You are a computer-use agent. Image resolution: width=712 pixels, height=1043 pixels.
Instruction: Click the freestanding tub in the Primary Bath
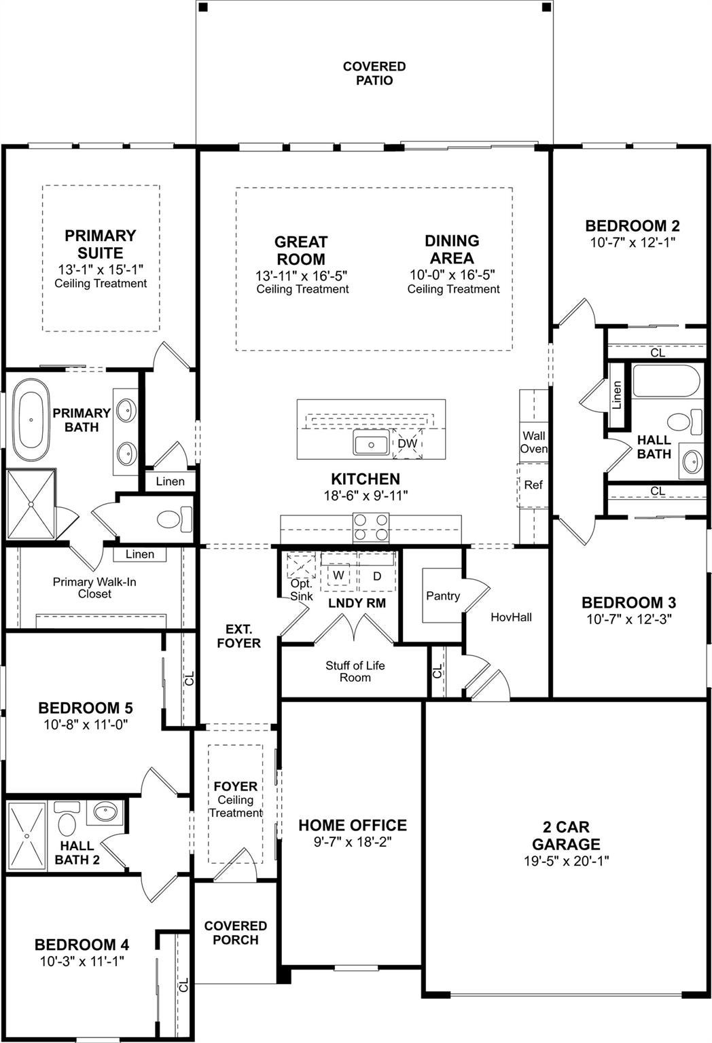pyautogui.click(x=31, y=420)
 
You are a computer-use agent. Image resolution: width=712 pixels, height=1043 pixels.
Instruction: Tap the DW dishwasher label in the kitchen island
pyautogui.click(x=407, y=443)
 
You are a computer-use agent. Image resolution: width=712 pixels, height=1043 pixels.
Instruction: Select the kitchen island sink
pyautogui.click(x=371, y=442)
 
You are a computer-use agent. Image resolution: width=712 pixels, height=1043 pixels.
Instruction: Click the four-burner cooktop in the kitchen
pyautogui.click(x=371, y=528)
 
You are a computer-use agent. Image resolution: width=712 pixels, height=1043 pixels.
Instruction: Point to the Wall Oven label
pyautogui.click(x=533, y=442)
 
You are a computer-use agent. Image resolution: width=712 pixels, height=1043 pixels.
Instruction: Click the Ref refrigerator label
pyautogui.click(x=533, y=485)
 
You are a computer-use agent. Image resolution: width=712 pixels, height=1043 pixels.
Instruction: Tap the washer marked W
pyautogui.click(x=339, y=575)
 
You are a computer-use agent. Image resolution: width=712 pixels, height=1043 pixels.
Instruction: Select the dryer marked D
pyautogui.click(x=377, y=576)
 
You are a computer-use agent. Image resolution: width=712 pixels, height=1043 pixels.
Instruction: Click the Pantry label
pyautogui.click(x=443, y=596)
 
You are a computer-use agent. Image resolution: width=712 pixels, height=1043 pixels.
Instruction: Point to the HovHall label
pyautogui.click(x=511, y=617)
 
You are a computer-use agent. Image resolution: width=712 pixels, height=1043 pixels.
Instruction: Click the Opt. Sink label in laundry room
pyautogui.click(x=302, y=589)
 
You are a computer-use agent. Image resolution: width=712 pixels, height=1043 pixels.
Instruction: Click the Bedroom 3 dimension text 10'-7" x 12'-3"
pyautogui.click(x=628, y=619)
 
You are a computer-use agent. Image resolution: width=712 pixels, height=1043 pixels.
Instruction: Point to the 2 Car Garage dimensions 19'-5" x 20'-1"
pyautogui.click(x=566, y=861)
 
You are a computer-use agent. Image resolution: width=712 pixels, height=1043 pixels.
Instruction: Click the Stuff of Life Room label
pyautogui.click(x=355, y=672)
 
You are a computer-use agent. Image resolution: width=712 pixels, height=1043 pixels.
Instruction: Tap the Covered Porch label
pyautogui.click(x=235, y=932)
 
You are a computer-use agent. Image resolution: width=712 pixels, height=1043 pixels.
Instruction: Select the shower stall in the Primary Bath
pyautogui.click(x=31, y=505)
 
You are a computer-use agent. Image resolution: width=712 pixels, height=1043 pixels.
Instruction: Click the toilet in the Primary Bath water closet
pyautogui.click(x=175, y=519)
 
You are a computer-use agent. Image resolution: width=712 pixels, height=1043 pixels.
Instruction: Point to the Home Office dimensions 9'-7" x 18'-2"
pyautogui.click(x=353, y=842)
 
